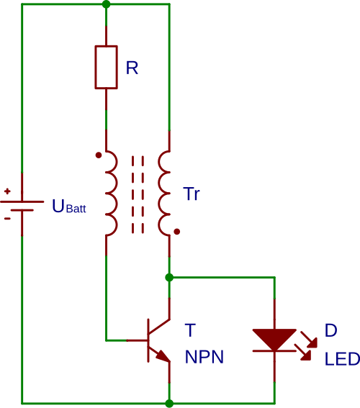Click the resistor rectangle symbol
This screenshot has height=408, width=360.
[106, 67]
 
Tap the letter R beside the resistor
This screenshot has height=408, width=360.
[132, 68]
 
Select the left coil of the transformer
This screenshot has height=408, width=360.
[110, 193]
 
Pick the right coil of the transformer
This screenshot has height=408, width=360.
[165, 193]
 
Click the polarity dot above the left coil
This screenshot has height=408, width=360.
[99, 155]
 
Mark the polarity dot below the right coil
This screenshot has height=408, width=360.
[176, 232]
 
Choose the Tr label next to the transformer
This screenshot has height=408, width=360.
[191, 194]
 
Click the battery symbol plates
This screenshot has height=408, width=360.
[22, 205]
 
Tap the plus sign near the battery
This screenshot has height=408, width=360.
[7, 191]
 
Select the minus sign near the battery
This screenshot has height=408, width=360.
[7, 218]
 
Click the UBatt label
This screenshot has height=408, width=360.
[68, 207]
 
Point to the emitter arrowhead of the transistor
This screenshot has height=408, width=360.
[163, 356]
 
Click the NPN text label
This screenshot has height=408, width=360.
[204, 358]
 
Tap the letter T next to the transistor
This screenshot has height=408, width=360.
[189, 330]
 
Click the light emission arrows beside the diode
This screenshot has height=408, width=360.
[305, 344]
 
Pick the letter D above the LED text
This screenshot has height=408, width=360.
[330, 330]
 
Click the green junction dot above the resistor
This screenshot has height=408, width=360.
[106, 4]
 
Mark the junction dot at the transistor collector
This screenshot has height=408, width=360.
[169, 277]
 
